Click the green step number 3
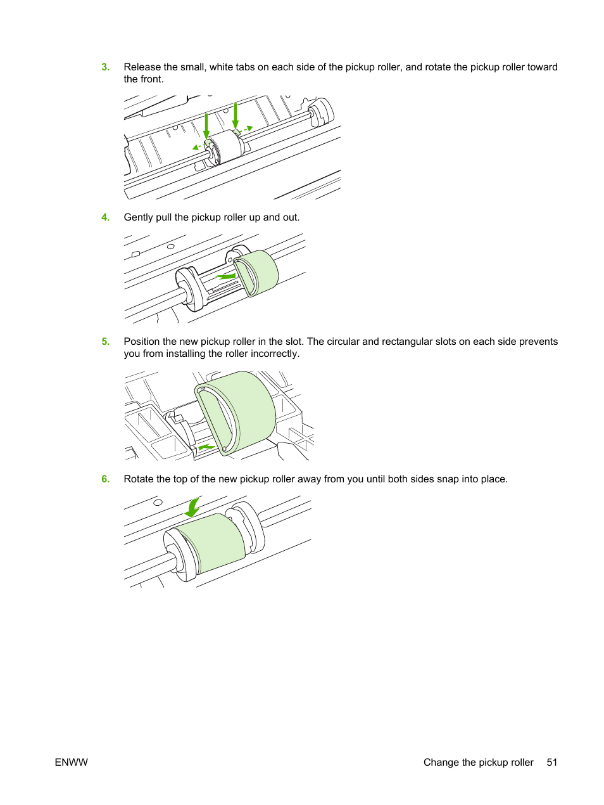pyautogui.click(x=106, y=67)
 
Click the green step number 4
pyautogui.click(x=106, y=217)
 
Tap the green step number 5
pyautogui.click(x=106, y=342)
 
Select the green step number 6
pyautogui.click(x=106, y=479)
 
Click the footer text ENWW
pyautogui.click(x=72, y=763)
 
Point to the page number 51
pyautogui.click(x=552, y=763)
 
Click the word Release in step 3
pyautogui.click(x=142, y=67)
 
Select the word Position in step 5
pyautogui.click(x=142, y=342)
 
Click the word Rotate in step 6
pyautogui.click(x=140, y=479)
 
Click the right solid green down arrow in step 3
pyautogui.click(x=236, y=117)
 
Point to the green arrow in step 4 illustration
pyautogui.click(x=225, y=277)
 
